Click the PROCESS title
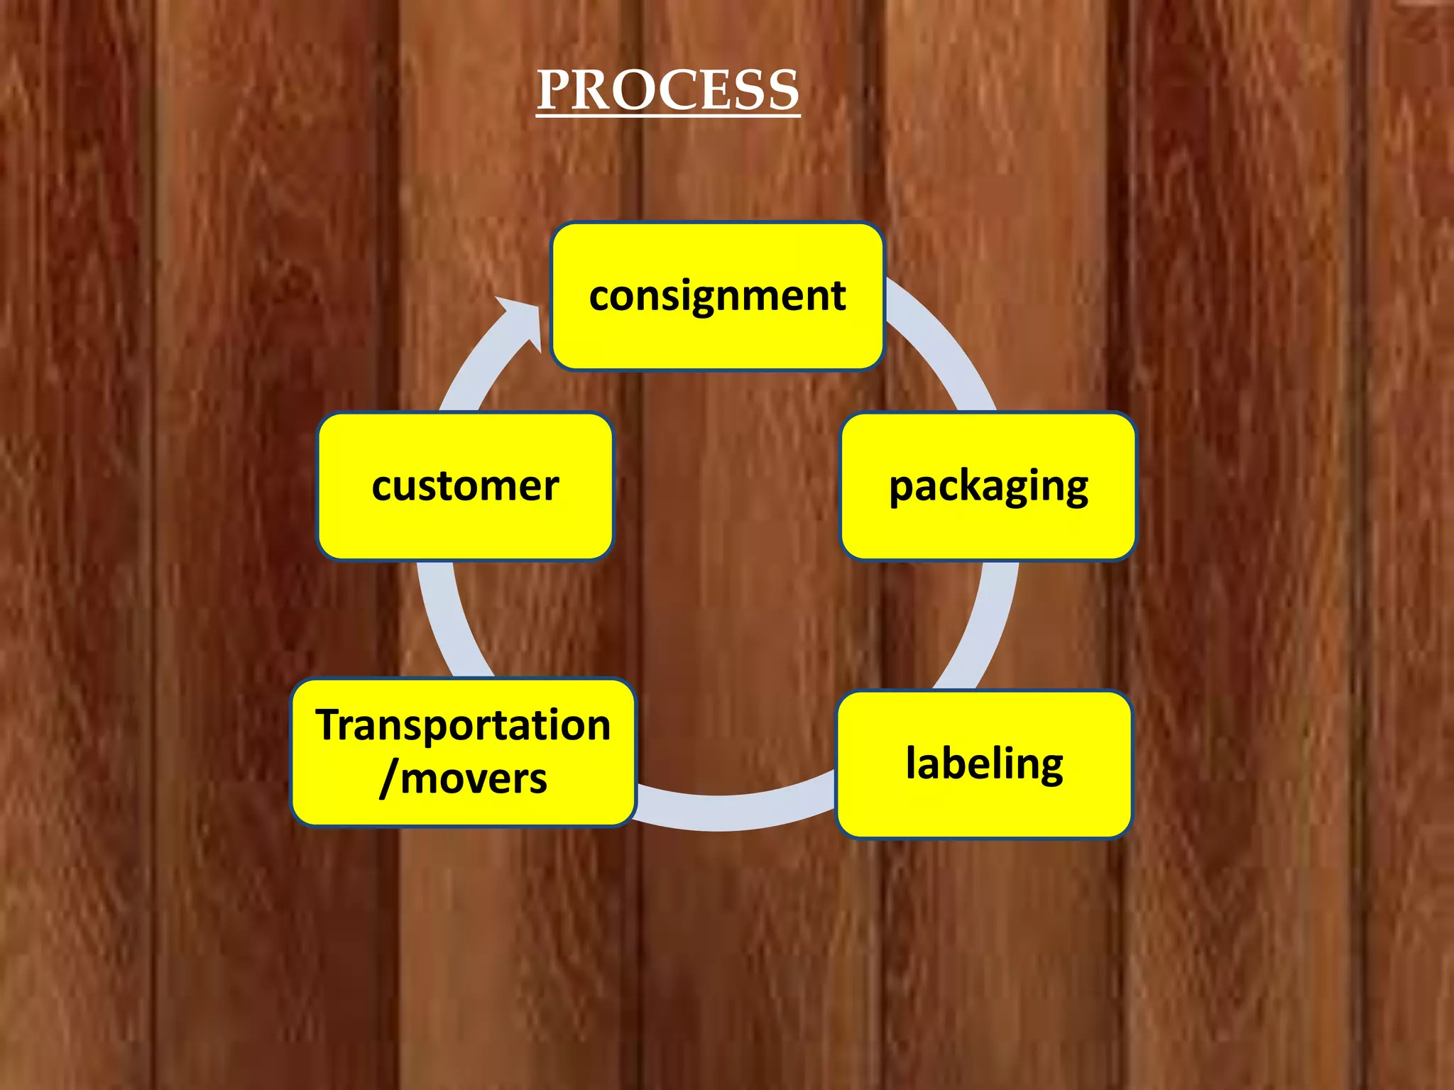point(667,90)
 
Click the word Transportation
point(463,725)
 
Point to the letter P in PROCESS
point(554,90)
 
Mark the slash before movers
point(388,779)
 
